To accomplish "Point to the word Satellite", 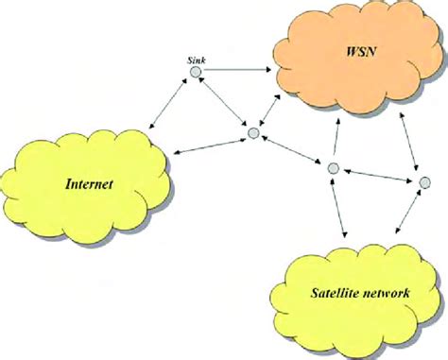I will pyautogui.click(x=330, y=293).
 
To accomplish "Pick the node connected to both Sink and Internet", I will pyautogui.click(x=253, y=133).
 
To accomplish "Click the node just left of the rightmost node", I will pyautogui.click(x=332, y=168).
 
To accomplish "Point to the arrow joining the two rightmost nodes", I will pyautogui.click(x=377, y=174).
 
